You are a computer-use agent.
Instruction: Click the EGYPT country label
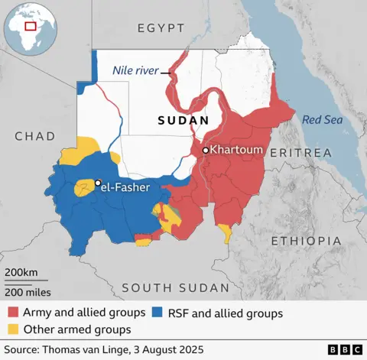click(x=161, y=28)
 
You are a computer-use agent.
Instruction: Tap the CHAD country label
click(x=34, y=136)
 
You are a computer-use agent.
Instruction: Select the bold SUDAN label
click(x=183, y=121)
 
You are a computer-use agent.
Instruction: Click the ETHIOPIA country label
click(x=306, y=241)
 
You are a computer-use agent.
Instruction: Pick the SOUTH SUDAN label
click(x=175, y=287)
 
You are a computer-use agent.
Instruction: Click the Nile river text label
click(x=135, y=70)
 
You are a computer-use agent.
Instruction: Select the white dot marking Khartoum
click(x=205, y=151)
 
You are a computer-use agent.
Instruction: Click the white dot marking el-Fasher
click(x=98, y=183)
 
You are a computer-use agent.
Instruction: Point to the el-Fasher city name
click(x=126, y=186)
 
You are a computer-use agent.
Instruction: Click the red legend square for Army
click(x=13, y=313)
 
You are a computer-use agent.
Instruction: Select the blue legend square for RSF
click(x=157, y=313)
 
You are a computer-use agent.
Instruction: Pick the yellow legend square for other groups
click(x=13, y=329)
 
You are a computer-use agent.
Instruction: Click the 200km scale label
click(x=21, y=274)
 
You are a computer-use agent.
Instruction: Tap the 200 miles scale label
click(x=28, y=291)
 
